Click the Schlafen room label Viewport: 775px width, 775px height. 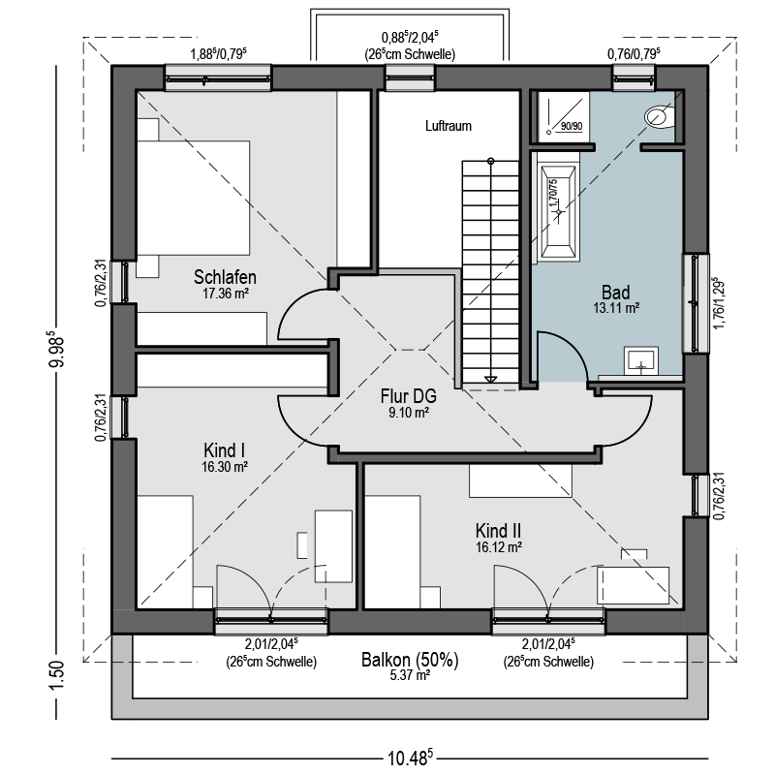tap(225, 277)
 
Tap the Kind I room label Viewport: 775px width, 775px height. tap(225, 450)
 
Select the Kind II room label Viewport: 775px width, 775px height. tap(498, 531)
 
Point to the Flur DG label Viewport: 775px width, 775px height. tap(408, 396)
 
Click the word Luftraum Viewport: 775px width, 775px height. tap(449, 126)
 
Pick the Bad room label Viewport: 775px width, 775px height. tap(616, 293)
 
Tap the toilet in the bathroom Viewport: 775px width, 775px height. tap(660, 117)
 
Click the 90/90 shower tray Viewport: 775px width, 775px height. tap(564, 116)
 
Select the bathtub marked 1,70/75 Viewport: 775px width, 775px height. tap(559, 212)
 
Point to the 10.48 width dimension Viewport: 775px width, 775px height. tap(410, 758)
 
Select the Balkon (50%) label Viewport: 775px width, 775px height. tap(410, 660)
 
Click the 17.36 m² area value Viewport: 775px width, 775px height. tap(225, 294)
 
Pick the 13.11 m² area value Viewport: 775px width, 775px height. tap(616, 308)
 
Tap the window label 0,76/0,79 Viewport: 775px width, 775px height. tap(634, 53)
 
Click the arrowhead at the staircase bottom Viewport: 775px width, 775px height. tap(490, 379)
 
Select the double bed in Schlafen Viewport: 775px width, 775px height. tap(193, 198)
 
